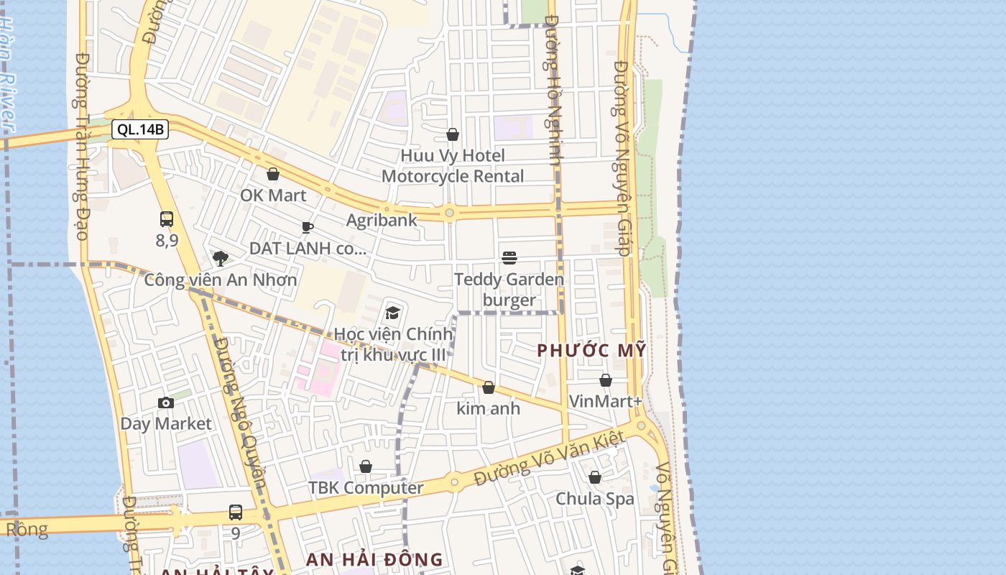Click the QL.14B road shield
140,130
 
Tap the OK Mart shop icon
273,174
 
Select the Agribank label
382,220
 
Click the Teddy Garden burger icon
509,258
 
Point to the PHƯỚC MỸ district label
592,351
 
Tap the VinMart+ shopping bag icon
606,380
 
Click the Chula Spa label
595,499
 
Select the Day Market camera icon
166,402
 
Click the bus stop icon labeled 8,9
167,219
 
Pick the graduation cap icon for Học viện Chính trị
392,313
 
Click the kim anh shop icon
489,388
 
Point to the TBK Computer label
366,488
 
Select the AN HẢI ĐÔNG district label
374,559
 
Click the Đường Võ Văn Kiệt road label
546,463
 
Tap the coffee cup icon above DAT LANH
308,228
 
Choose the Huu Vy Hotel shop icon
453,134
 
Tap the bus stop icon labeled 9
236,512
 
